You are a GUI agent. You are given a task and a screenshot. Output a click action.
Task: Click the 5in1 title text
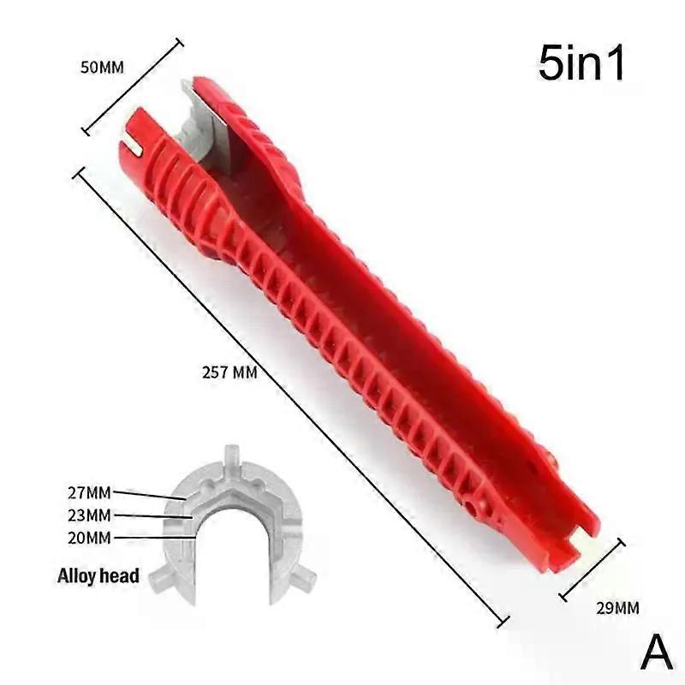tap(581, 63)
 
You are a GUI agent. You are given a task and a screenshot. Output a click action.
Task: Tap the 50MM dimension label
tap(102, 68)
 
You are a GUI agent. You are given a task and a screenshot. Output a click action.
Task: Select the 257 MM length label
tap(229, 372)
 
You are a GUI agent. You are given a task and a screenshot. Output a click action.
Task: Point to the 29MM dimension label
tap(617, 608)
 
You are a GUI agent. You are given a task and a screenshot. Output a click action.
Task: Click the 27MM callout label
tap(90, 493)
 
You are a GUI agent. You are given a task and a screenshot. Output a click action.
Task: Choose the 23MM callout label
tap(90, 515)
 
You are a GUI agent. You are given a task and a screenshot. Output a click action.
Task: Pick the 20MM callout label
tap(90, 538)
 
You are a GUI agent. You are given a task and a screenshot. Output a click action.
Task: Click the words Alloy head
tap(98, 575)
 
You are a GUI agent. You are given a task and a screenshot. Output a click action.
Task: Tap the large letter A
tap(656, 652)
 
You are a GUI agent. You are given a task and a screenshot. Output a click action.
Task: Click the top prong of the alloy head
tap(231, 456)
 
